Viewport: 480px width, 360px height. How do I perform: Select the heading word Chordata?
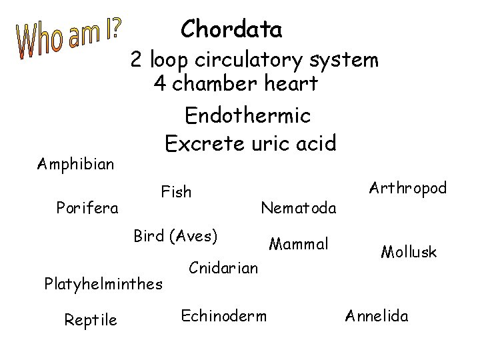(x=231, y=29)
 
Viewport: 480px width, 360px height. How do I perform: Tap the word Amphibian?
(x=75, y=163)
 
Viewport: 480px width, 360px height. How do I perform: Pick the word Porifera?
(x=87, y=207)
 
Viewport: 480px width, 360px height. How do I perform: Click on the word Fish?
(x=176, y=193)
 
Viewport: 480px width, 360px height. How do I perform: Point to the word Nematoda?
(x=299, y=208)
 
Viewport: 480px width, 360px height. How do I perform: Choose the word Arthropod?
(x=407, y=189)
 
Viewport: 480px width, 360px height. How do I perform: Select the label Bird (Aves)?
(x=176, y=236)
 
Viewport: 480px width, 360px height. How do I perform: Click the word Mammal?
(x=299, y=245)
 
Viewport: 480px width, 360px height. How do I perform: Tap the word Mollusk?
(x=409, y=252)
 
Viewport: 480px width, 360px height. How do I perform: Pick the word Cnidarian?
(x=223, y=268)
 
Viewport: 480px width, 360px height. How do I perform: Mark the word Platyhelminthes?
(x=103, y=284)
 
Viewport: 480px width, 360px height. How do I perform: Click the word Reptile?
(x=91, y=321)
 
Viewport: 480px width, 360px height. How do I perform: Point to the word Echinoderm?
(x=224, y=315)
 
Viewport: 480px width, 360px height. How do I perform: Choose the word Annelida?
(x=377, y=315)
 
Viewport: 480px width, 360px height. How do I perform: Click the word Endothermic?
(x=248, y=116)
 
